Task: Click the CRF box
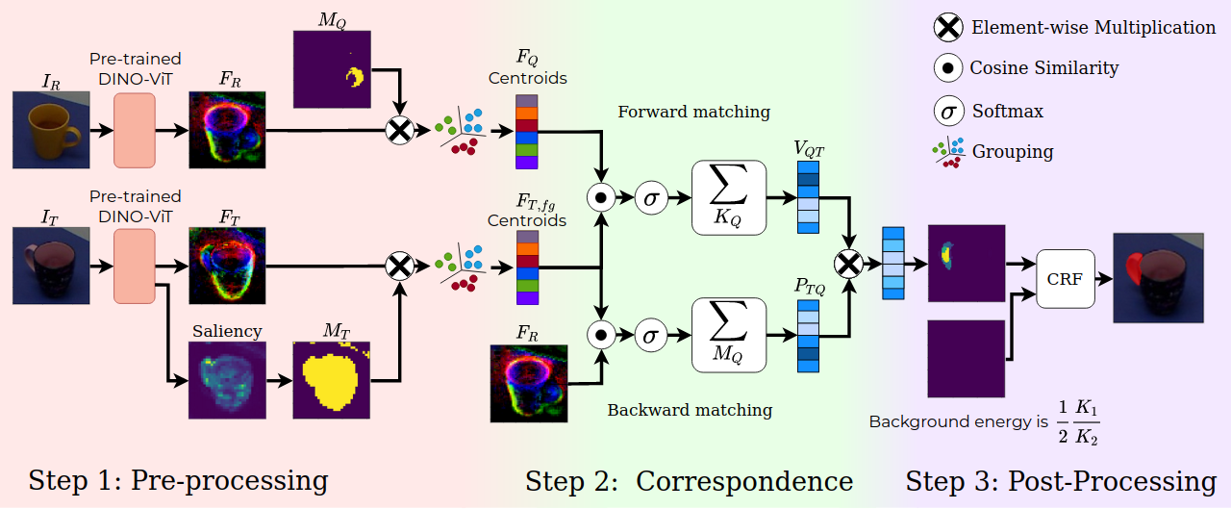(x=1066, y=280)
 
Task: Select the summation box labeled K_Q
(x=728, y=197)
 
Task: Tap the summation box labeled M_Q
(x=728, y=334)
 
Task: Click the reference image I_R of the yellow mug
(x=50, y=130)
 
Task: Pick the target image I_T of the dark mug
(x=50, y=265)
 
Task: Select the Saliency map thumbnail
(x=227, y=380)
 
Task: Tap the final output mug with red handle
(x=1158, y=278)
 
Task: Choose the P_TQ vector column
(x=808, y=336)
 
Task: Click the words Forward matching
(x=693, y=112)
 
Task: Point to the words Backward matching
(x=690, y=410)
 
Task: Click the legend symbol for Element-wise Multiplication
(x=948, y=28)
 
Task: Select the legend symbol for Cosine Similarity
(x=948, y=68)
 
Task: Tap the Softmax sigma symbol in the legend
(x=948, y=111)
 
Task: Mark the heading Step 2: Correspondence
(x=689, y=481)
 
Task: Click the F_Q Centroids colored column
(x=527, y=131)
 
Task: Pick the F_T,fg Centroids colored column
(x=527, y=267)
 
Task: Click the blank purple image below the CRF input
(x=966, y=359)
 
